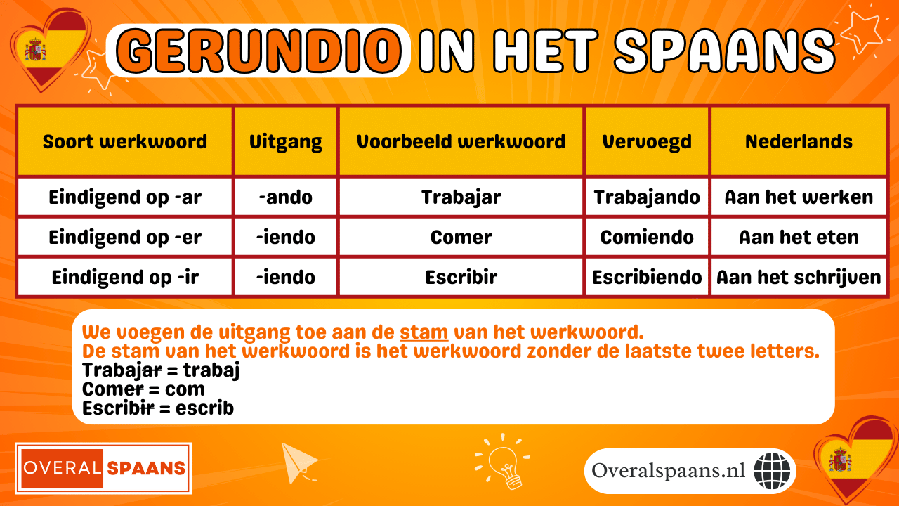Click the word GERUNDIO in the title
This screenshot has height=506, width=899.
pos(258,51)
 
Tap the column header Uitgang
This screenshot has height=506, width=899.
pos(286,141)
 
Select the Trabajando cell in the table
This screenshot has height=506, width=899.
pos(647,197)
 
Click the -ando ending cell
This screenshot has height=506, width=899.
pos(286,197)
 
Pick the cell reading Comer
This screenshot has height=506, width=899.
pos(461,238)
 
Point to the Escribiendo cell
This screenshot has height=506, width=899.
pos(647,278)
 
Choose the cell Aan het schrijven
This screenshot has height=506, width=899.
pos(799,278)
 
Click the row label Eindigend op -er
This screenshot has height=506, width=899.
pos(125,238)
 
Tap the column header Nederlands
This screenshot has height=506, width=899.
pos(799,141)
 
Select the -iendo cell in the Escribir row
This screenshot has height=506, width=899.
pos(286,278)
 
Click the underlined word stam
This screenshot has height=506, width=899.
pos(424,332)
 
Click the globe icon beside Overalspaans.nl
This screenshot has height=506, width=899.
pos(772,471)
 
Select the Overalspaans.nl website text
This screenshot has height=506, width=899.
pos(668,471)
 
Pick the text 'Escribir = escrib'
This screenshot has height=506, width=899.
pos(158,408)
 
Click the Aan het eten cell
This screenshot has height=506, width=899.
pos(799,238)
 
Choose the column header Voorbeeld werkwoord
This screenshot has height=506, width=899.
pos(461,141)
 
